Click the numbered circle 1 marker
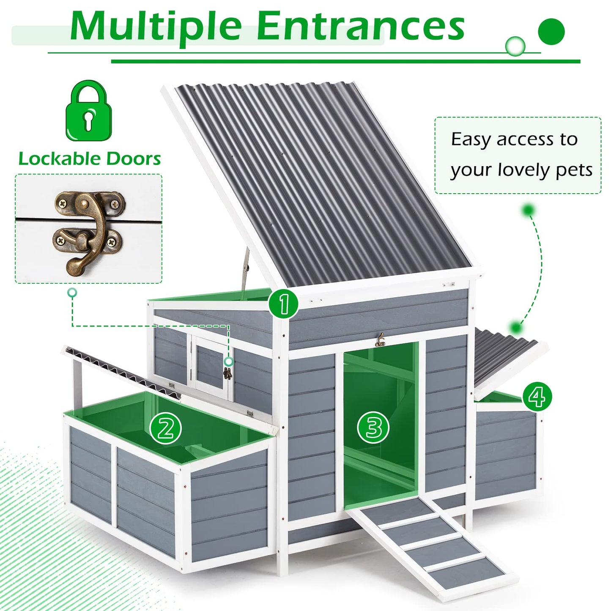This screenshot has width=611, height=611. tap(283, 304)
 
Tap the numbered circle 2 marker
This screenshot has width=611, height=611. tap(166, 428)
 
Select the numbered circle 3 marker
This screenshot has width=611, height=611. tap(373, 427)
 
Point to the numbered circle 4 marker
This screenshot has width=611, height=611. tap(537, 397)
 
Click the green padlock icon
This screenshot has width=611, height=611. tap(89, 112)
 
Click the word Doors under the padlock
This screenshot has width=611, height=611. tap(133, 159)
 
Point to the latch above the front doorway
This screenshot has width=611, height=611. tap(380, 340)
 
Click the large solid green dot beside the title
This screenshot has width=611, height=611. tap(551, 32)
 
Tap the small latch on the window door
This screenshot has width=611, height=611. tap(227, 373)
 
